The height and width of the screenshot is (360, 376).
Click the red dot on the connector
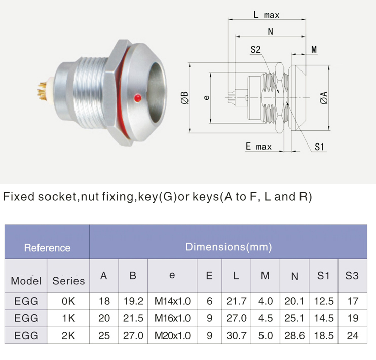click(x=137, y=97)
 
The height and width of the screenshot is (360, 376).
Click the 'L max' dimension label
click(x=267, y=15)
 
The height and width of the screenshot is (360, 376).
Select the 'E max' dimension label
click(x=258, y=147)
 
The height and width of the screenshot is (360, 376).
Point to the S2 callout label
click(x=255, y=50)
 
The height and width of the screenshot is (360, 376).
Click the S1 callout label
click(x=319, y=147)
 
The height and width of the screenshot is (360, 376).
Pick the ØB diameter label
click(x=184, y=97)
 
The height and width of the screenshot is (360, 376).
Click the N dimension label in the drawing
click(x=271, y=32)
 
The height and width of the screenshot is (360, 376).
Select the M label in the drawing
click(x=314, y=50)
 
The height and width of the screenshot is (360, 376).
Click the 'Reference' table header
click(x=47, y=248)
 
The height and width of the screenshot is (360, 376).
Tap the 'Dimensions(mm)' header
click(x=229, y=247)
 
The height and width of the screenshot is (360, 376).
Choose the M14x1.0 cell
click(x=172, y=301)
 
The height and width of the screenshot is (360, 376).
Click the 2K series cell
click(x=68, y=335)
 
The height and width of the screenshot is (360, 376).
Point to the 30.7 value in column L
click(x=236, y=335)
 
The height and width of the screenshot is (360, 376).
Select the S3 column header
click(x=352, y=276)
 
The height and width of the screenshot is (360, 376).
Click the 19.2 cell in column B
click(x=133, y=301)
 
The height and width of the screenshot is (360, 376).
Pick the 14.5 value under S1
click(x=324, y=318)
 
